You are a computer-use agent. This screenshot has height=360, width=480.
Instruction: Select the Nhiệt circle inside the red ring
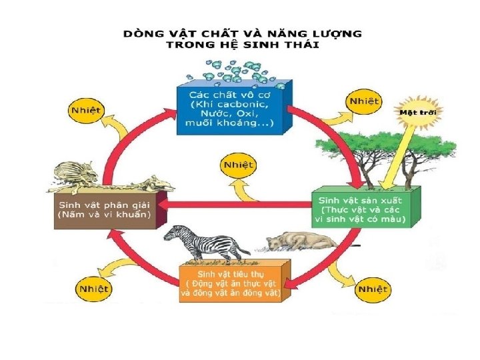pyautogui.click(x=238, y=163)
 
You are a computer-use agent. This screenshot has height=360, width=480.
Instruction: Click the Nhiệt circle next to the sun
pyautogui.click(x=363, y=101)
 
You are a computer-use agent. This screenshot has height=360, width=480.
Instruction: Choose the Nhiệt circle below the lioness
pyautogui.click(x=372, y=289)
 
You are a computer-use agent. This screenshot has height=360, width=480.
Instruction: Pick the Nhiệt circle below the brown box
pyautogui.click(x=94, y=289)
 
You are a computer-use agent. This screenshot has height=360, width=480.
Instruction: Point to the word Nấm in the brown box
pyautogui.click(x=75, y=215)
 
